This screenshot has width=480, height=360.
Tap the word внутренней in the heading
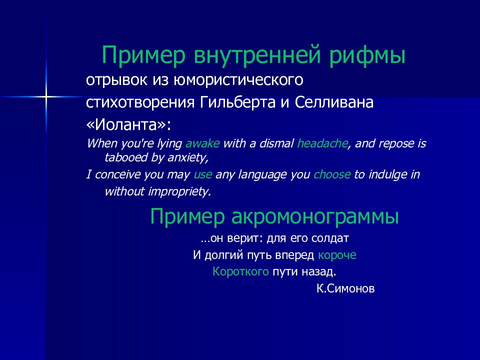pyautogui.click(x=257, y=55)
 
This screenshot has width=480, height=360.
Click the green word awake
pyautogui.click(x=202, y=143)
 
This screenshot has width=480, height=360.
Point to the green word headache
pyautogui.click(x=322, y=143)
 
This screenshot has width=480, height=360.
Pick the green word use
pyautogui.click(x=202, y=175)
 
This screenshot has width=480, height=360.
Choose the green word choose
pyautogui.click(x=332, y=174)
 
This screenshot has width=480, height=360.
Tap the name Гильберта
pyautogui.click(x=238, y=102)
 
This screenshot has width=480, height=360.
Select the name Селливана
pyautogui.click(x=334, y=102)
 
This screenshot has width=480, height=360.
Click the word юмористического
pyautogui.click(x=238, y=80)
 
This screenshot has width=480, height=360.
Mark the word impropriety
pyautogui.click(x=179, y=191)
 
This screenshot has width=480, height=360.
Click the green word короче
pyautogui.click(x=337, y=255)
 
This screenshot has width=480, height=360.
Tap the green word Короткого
pyautogui.click(x=240, y=271)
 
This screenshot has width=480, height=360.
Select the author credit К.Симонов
pyautogui.click(x=345, y=288)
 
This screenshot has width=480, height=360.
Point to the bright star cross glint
pyautogui.click(x=46, y=96)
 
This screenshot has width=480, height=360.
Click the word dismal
pyautogui.click(x=276, y=143)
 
